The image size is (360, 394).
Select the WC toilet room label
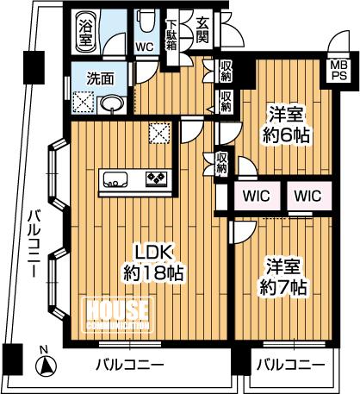pos(145,47)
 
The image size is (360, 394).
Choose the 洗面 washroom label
pos(99,78)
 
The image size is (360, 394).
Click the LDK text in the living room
pos(154,253)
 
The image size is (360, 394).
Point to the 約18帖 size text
pos(154,274)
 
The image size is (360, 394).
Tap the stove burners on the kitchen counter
pos(156,179)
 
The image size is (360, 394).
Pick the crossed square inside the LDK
pos(159,133)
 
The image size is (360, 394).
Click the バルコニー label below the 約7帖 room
pos(291,365)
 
